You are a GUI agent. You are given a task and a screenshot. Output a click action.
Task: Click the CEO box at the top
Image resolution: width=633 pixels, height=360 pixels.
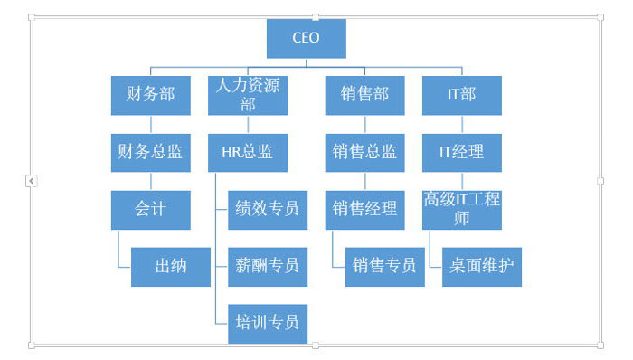(306, 38)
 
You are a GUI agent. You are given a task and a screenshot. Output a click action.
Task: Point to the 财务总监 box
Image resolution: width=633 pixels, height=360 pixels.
(150, 152)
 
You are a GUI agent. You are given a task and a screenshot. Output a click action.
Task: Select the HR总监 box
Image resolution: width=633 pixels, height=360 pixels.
(247, 152)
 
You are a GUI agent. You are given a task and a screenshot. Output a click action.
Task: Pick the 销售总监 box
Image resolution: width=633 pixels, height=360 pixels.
(364, 152)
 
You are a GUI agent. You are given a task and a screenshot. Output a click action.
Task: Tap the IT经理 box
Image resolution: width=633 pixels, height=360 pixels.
(461, 152)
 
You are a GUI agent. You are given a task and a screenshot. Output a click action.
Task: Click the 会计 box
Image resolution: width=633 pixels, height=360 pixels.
(150, 209)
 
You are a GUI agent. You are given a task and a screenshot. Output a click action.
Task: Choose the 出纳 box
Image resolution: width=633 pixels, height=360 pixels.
(170, 266)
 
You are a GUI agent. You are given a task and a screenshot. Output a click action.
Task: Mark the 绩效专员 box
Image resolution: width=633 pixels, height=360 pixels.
(267, 209)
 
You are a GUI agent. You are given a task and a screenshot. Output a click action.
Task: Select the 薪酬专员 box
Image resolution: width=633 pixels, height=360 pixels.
(267, 266)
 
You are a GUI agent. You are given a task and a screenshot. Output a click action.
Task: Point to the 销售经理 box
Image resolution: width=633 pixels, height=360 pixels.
(364, 209)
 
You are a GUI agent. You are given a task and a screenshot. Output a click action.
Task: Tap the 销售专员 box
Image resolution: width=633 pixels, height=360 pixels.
(384, 266)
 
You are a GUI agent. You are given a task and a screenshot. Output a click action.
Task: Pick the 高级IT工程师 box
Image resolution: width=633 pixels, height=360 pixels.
(461, 209)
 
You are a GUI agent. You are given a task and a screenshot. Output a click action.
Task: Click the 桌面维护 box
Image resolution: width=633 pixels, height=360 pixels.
(481, 266)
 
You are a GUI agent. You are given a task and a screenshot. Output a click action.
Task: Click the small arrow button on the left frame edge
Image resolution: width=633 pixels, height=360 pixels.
(32, 181)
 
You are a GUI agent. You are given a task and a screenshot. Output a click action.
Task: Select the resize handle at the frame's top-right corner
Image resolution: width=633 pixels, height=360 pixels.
(600, 17)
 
